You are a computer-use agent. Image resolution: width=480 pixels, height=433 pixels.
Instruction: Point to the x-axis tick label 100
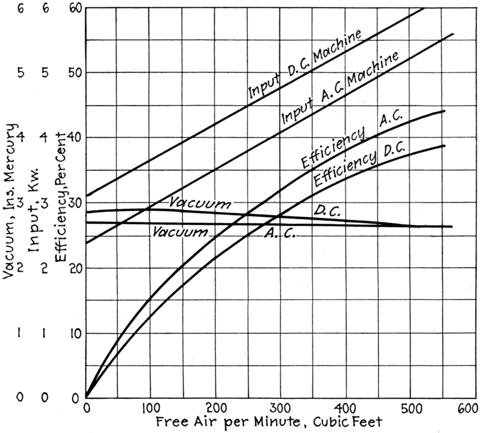point(151,409)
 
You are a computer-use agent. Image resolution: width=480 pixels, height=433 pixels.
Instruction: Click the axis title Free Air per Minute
point(269,422)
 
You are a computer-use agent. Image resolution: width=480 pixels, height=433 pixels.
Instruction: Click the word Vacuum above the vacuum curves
point(200,203)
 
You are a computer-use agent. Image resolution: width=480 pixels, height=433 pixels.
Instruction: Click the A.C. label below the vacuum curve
point(279,235)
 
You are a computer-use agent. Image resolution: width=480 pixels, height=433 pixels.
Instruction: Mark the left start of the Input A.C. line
point(86,243)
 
